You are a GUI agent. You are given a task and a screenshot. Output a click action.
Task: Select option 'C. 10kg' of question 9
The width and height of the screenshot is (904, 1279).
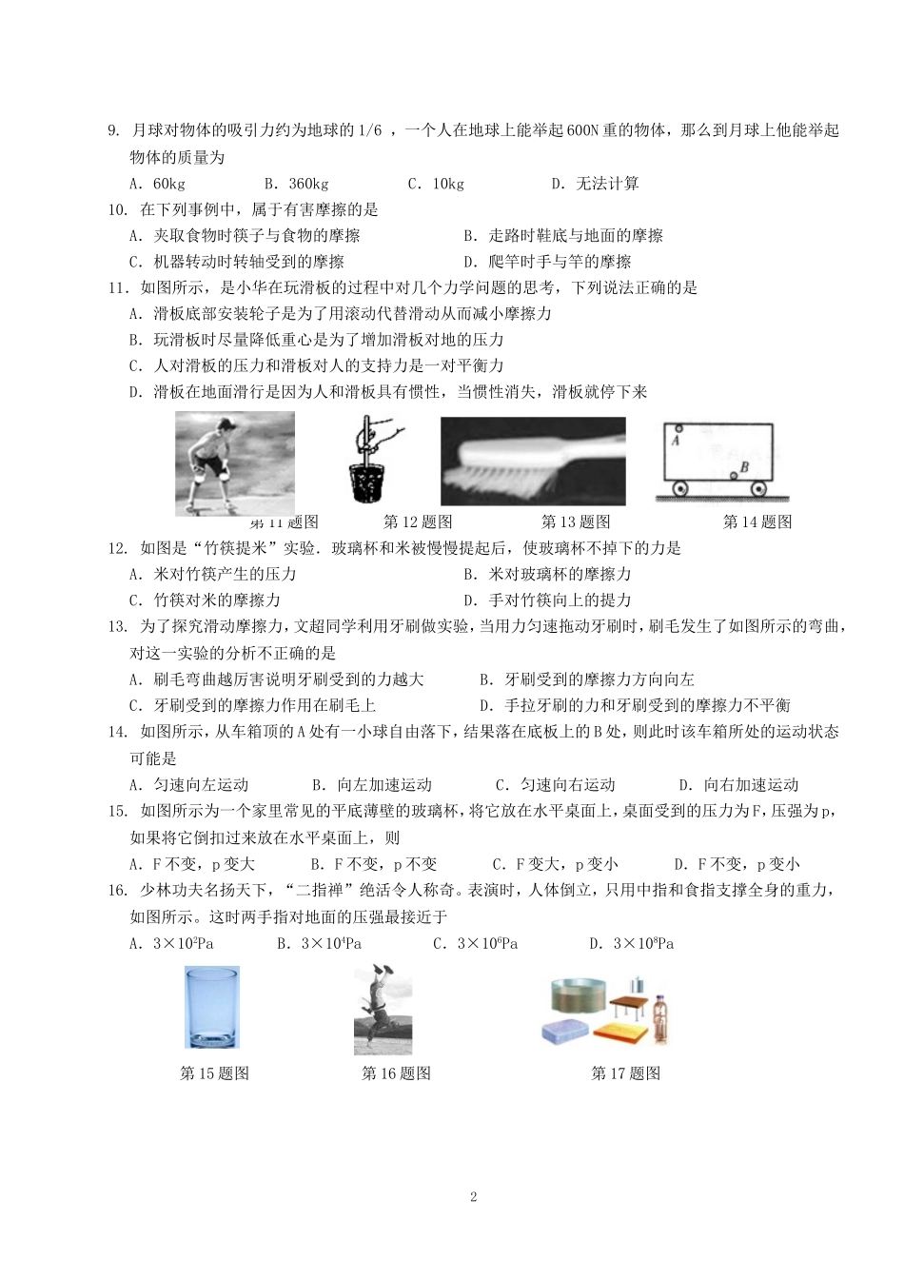[x=436, y=184]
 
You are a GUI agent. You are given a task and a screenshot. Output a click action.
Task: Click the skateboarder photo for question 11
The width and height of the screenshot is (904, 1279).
[x=234, y=462]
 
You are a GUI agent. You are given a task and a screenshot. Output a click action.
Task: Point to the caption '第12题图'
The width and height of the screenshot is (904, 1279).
[x=418, y=521]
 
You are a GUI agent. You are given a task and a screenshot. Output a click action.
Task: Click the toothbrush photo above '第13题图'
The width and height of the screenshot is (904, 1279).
[x=533, y=461]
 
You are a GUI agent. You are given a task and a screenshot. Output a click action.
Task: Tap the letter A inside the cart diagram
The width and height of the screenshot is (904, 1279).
[x=676, y=441]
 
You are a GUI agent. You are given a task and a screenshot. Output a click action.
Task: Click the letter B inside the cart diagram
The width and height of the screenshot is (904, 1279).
[x=744, y=466]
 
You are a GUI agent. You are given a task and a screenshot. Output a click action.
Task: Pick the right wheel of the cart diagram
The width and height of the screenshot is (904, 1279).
[x=758, y=489]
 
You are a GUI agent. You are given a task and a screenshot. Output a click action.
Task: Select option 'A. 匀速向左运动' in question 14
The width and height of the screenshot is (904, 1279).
[x=188, y=785]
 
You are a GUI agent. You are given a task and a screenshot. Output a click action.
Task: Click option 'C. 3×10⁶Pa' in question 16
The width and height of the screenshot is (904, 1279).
[x=475, y=944]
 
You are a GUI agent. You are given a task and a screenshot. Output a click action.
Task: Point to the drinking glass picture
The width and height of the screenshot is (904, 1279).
[x=211, y=1008]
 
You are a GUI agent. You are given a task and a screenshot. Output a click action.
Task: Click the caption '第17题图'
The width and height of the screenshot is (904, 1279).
[x=625, y=1073]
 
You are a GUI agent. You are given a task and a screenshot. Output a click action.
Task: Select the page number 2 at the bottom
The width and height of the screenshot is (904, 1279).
[x=473, y=1197]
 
